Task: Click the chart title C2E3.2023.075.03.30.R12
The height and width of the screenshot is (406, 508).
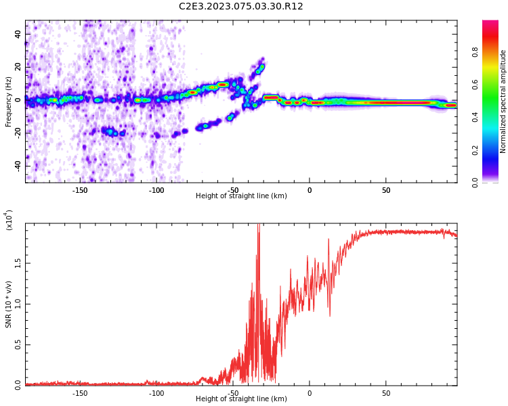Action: [x=240, y=7]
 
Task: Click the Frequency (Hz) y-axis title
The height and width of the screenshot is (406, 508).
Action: [x=9, y=101]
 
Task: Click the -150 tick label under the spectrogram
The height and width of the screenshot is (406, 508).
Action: [x=80, y=189]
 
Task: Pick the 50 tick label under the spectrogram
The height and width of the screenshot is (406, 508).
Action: [x=385, y=189]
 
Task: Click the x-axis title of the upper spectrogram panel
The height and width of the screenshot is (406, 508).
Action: [x=241, y=196]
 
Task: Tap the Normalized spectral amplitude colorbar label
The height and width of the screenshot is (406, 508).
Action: [x=503, y=101]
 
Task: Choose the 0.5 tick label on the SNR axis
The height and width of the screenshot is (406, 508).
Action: [x=18, y=344]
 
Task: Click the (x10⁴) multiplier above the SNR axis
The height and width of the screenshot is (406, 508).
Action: [x=9, y=221]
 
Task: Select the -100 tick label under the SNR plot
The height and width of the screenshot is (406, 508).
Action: [x=156, y=392]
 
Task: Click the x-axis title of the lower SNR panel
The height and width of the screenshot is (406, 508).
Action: [x=241, y=399]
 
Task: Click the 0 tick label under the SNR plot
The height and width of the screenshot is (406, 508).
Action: [x=310, y=392]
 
